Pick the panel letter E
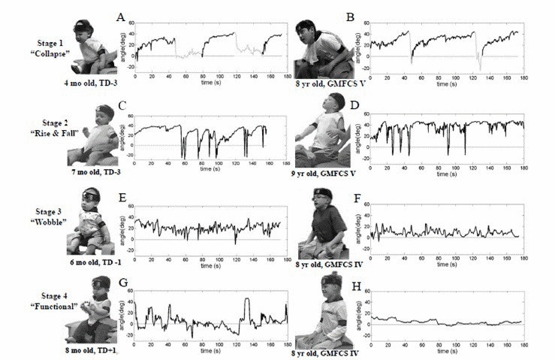121,198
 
